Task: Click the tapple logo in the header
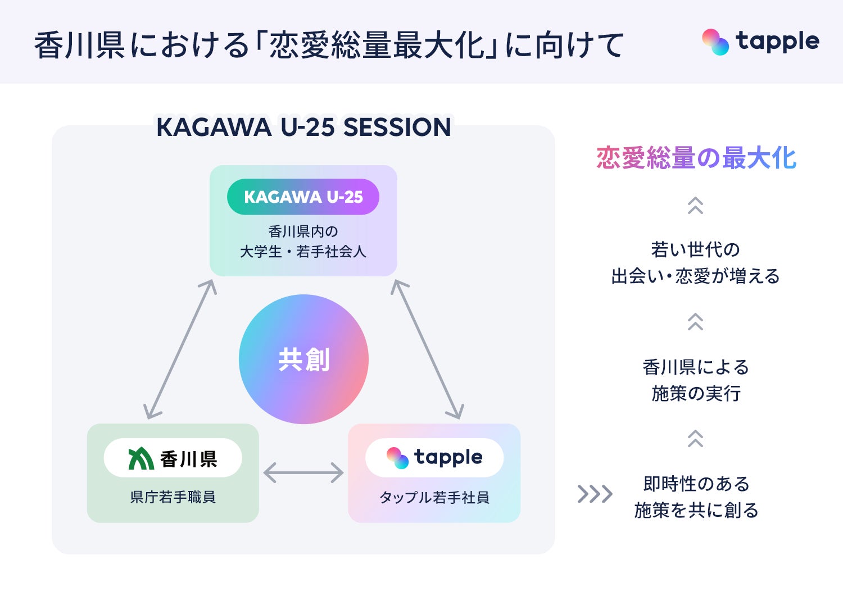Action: click(x=760, y=42)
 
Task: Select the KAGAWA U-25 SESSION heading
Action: click(x=303, y=128)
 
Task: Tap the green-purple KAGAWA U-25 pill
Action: click(x=303, y=197)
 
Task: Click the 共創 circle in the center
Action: click(x=303, y=359)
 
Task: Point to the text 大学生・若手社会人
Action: click(x=303, y=252)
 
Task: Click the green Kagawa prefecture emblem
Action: click(x=140, y=458)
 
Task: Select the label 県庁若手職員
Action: click(x=173, y=497)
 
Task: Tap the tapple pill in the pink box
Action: click(x=434, y=458)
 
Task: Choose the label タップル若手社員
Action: click(x=434, y=497)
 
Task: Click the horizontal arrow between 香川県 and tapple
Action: click(x=303, y=472)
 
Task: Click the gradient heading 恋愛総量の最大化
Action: click(x=696, y=158)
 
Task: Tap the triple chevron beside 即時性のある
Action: click(x=595, y=494)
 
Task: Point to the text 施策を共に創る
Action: click(x=696, y=510)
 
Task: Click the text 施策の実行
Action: click(x=696, y=393)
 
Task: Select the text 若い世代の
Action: click(x=696, y=249)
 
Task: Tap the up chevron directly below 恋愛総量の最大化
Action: click(x=695, y=206)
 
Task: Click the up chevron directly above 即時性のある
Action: click(x=695, y=438)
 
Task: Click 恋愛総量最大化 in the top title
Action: click(x=376, y=45)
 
